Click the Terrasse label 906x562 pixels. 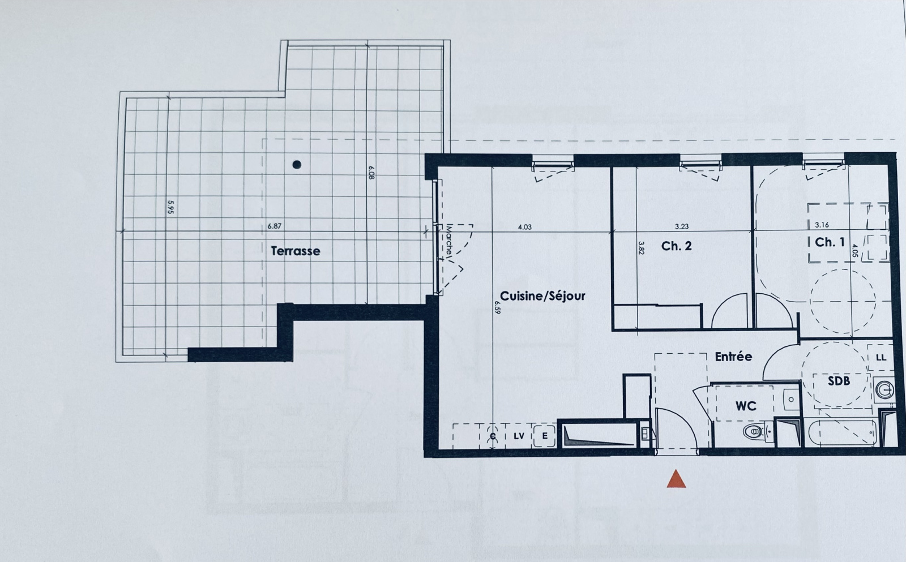[295, 251]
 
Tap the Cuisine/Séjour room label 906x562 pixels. [542, 296]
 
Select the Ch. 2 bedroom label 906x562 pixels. [676, 246]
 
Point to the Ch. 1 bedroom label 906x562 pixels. [830, 242]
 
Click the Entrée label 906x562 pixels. [733, 357]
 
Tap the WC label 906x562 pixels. [746, 406]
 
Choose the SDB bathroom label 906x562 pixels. [839, 381]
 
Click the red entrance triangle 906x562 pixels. [676, 479]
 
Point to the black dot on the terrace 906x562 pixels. [297, 165]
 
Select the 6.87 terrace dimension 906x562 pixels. [274, 226]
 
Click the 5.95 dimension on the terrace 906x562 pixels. [170, 207]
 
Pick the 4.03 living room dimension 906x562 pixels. [524, 227]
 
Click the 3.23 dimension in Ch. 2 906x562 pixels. [682, 227]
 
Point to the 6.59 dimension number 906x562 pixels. [498, 307]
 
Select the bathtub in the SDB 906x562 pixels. [843, 433]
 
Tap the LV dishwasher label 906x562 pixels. [519, 436]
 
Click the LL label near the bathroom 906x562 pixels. [881, 358]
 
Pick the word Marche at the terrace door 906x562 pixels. [450, 240]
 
